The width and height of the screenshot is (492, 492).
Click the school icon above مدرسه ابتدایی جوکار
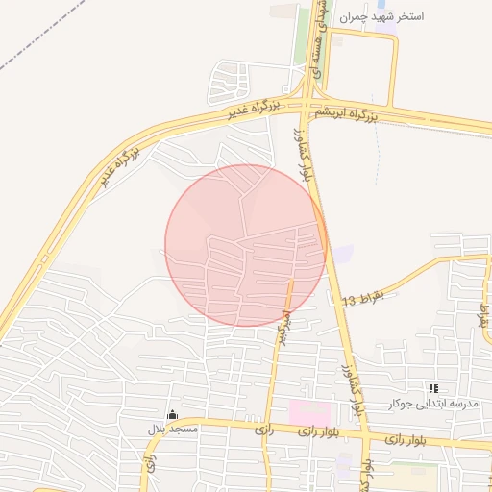[x=433, y=388]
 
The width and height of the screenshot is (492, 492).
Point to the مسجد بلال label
[x=173, y=429]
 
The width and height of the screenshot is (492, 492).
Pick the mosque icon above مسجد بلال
[x=173, y=414]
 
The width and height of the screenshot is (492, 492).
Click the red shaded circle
[x=246, y=245]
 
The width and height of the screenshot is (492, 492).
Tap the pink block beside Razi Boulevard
[x=304, y=412]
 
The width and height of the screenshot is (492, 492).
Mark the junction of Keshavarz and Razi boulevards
[x=363, y=437]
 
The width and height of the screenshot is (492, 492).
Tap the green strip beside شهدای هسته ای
[x=318, y=48]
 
